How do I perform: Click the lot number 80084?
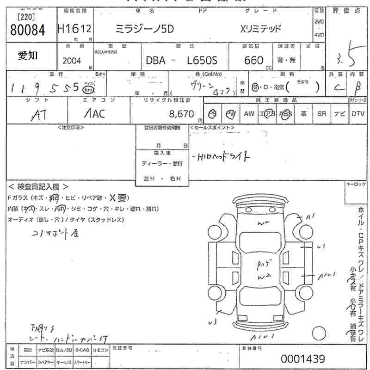coord(27,30)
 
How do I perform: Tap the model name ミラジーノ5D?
coord(144,28)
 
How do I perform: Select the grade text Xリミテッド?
coord(261,28)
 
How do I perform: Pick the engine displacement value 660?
coord(253,60)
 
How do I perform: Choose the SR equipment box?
coord(321,113)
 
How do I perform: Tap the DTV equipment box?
coord(358,113)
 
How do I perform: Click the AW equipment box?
coord(249,113)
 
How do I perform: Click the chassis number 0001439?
coord(302,358)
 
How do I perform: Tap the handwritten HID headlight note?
coord(222,157)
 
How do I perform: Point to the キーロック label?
coord(356,185)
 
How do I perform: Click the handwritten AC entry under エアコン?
coord(94,114)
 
